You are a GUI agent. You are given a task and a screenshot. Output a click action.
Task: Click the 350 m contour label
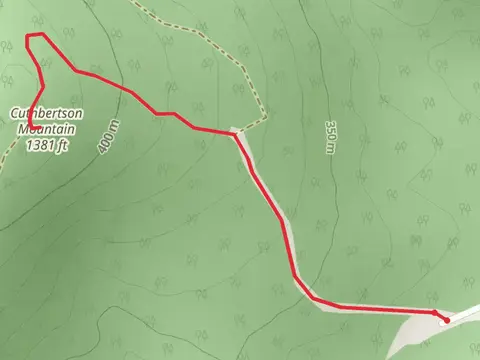pos(329,137)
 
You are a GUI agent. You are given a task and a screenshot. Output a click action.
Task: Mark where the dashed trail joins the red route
pos(236,131)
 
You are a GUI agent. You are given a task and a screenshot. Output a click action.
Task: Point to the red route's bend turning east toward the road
pos(312,298)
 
